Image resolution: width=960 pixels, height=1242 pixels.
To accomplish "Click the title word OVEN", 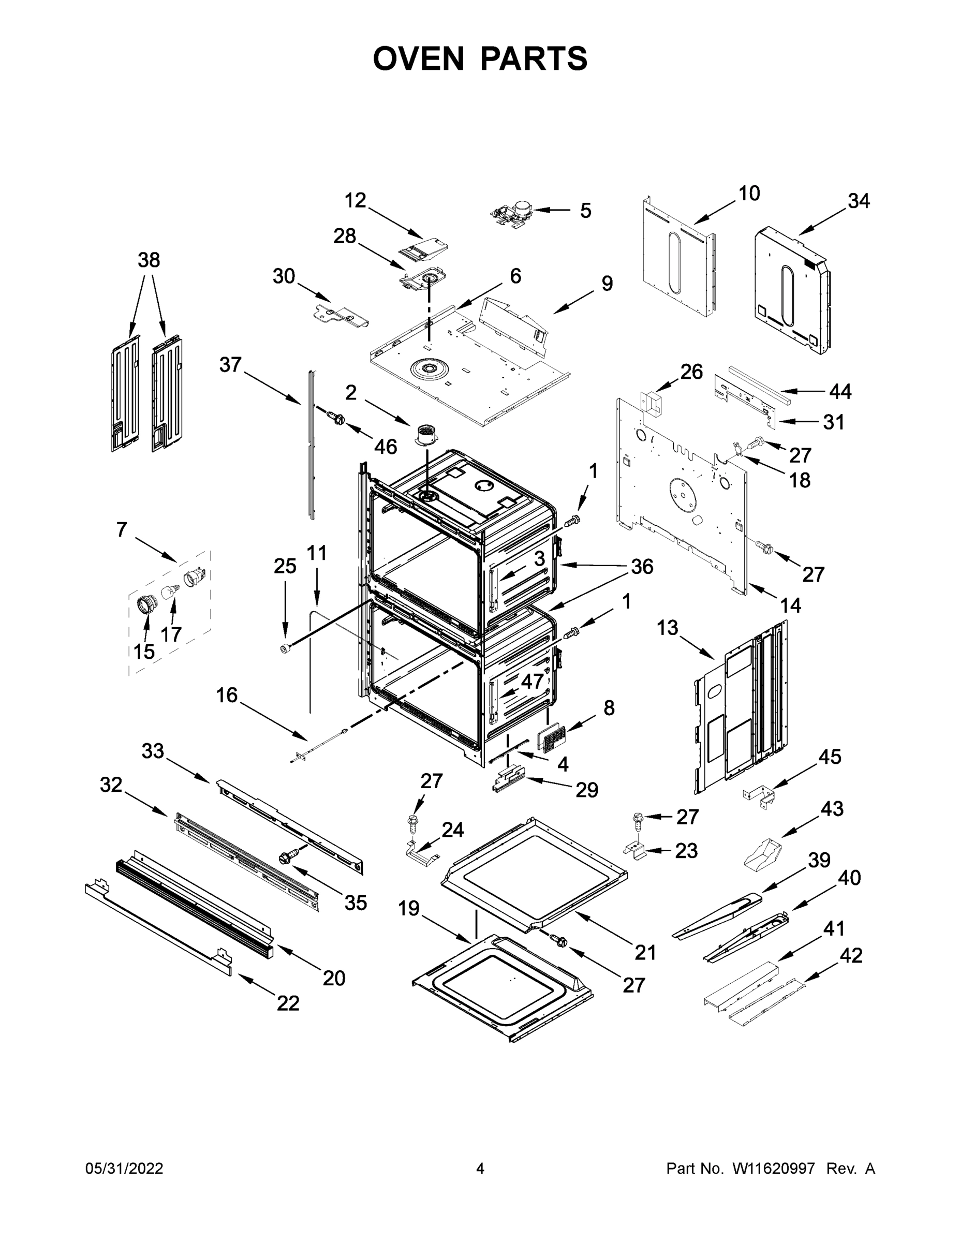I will (418, 58).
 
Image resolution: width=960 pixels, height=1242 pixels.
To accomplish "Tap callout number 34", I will (859, 201).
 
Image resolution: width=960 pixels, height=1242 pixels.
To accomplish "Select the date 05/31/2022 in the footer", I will (124, 1168).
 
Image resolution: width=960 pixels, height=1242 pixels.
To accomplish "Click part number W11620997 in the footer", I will (774, 1168).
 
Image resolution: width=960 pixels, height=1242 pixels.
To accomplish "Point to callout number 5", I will (585, 211).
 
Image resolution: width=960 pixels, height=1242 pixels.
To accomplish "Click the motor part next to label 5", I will (511, 215).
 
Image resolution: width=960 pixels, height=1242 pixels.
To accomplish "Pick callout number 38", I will (149, 260).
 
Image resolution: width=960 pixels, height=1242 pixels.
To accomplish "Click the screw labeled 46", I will (335, 419).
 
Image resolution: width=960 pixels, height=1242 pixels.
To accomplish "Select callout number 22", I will (288, 1004).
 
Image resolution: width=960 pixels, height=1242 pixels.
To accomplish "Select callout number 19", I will (408, 908).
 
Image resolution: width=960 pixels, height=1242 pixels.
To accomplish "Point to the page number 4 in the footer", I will (479, 1168).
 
